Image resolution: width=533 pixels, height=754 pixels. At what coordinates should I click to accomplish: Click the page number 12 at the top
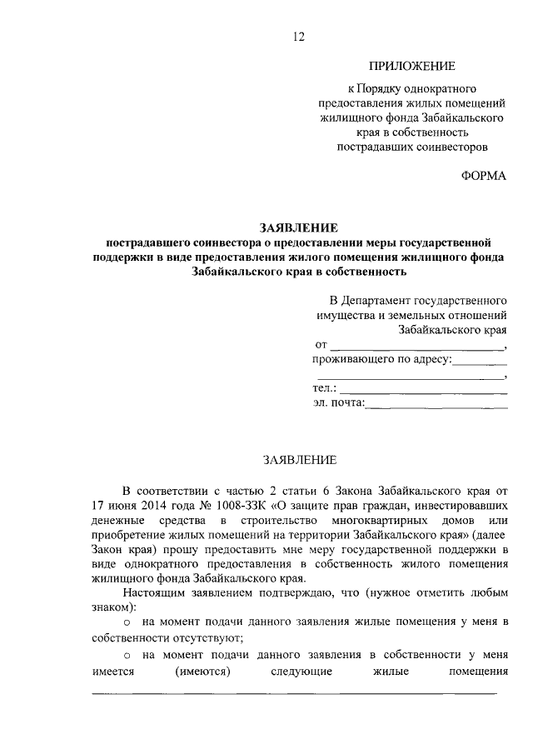(x=299, y=36)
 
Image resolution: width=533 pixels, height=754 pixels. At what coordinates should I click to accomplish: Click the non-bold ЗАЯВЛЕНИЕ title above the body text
(x=299, y=459)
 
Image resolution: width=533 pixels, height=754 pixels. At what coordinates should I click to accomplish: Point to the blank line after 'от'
(x=419, y=345)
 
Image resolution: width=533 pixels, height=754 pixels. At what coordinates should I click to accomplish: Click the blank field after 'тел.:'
(x=424, y=389)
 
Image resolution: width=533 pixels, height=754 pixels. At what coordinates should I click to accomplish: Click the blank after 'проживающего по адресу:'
(x=481, y=361)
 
